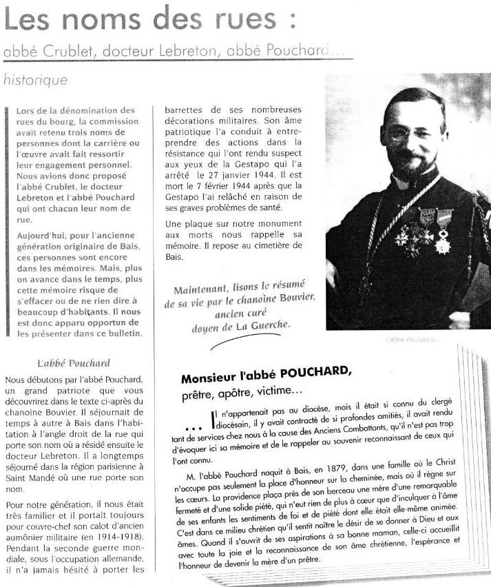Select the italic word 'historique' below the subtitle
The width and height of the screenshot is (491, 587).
35,80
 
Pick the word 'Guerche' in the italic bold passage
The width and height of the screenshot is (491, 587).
269,324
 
